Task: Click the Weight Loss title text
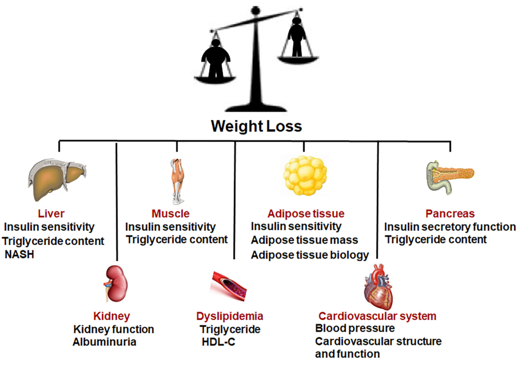click(256, 126)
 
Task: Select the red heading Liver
click(51, 214)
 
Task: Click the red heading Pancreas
click(450, 214)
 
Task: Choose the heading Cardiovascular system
click(377, 316)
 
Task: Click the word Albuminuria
click(104, 342)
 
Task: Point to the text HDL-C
click(219, 342)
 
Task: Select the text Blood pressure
click(355, 328)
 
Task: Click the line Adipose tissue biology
click(310, 255)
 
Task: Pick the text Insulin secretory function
click(450, 227)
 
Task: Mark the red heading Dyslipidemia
click(229, 316)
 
